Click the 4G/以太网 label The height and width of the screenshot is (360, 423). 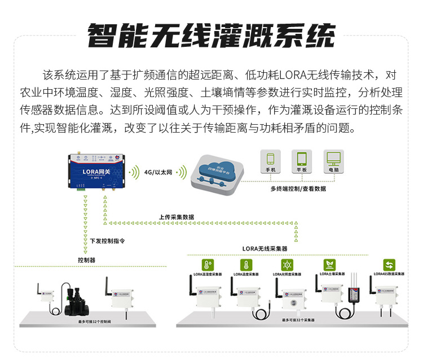158,172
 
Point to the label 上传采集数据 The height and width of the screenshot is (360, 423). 176,217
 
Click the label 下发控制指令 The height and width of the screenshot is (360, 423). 107,240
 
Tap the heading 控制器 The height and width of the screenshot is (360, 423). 86,260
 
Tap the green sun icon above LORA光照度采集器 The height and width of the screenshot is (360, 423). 287,265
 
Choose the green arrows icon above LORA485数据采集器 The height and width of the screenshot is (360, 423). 389,264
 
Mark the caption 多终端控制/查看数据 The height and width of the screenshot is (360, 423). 298,189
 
